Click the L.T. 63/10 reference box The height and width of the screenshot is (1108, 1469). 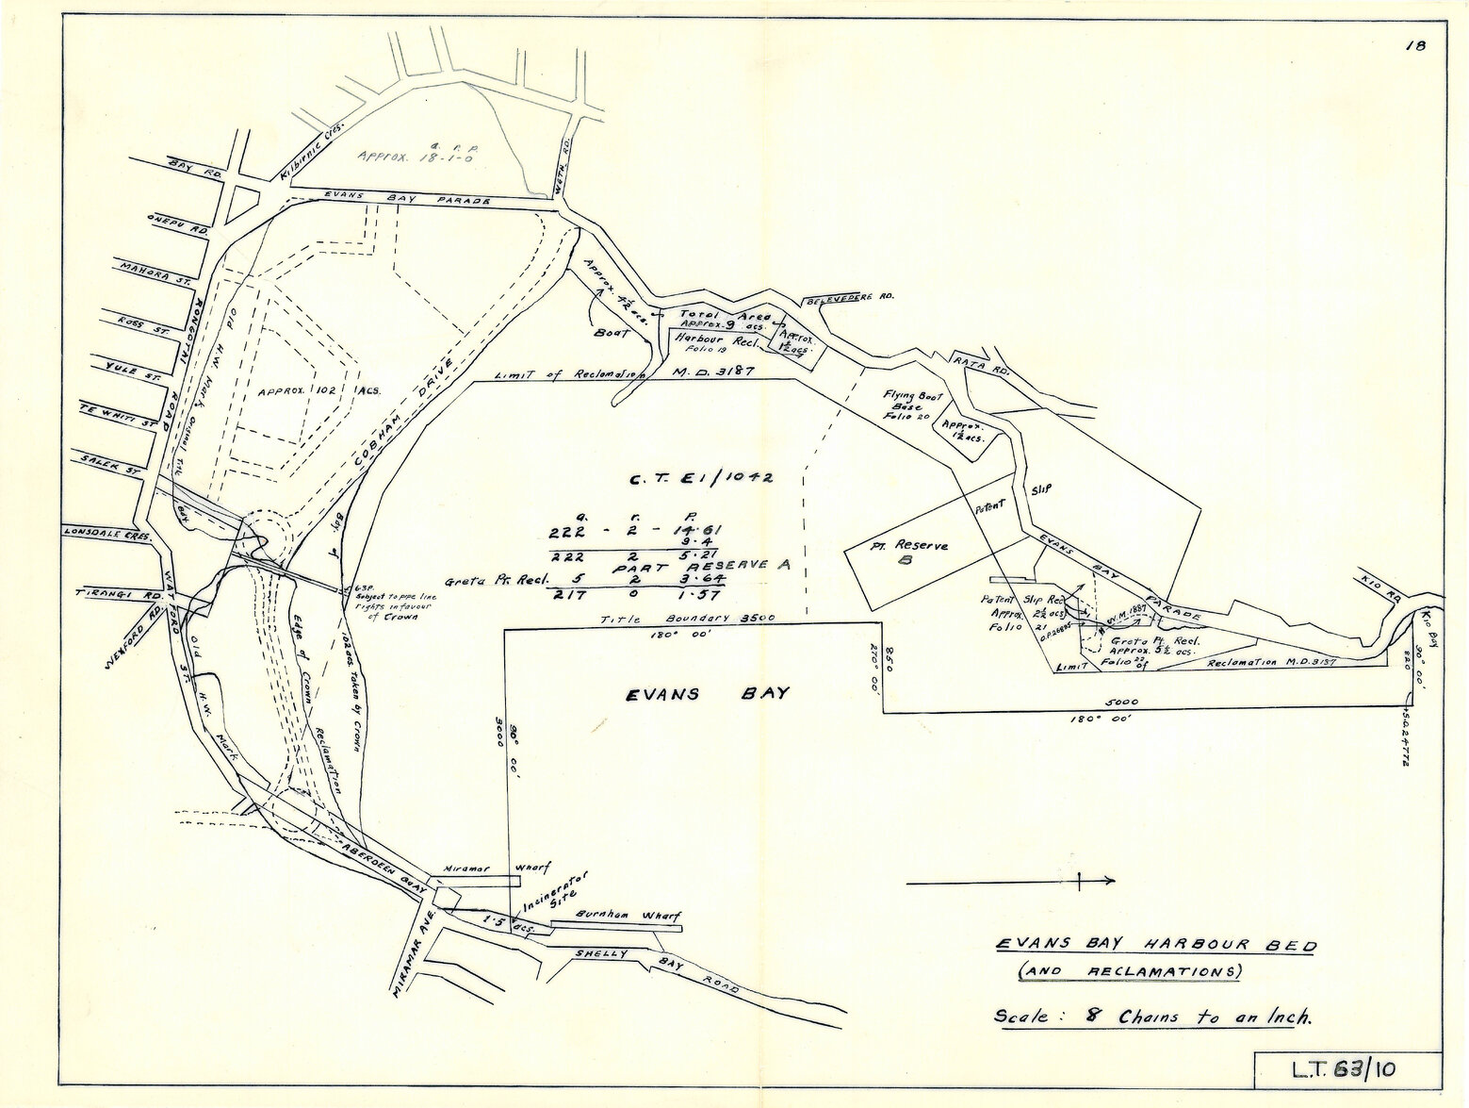(x=1347, y=1070)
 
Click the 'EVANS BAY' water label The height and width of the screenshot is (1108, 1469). (x=708, y=694)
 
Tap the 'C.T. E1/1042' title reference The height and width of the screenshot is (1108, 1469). (x=702, y=479)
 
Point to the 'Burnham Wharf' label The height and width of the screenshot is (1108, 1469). (x=614, y=915)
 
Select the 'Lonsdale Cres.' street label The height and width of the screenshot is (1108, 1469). (x=102, y=531)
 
